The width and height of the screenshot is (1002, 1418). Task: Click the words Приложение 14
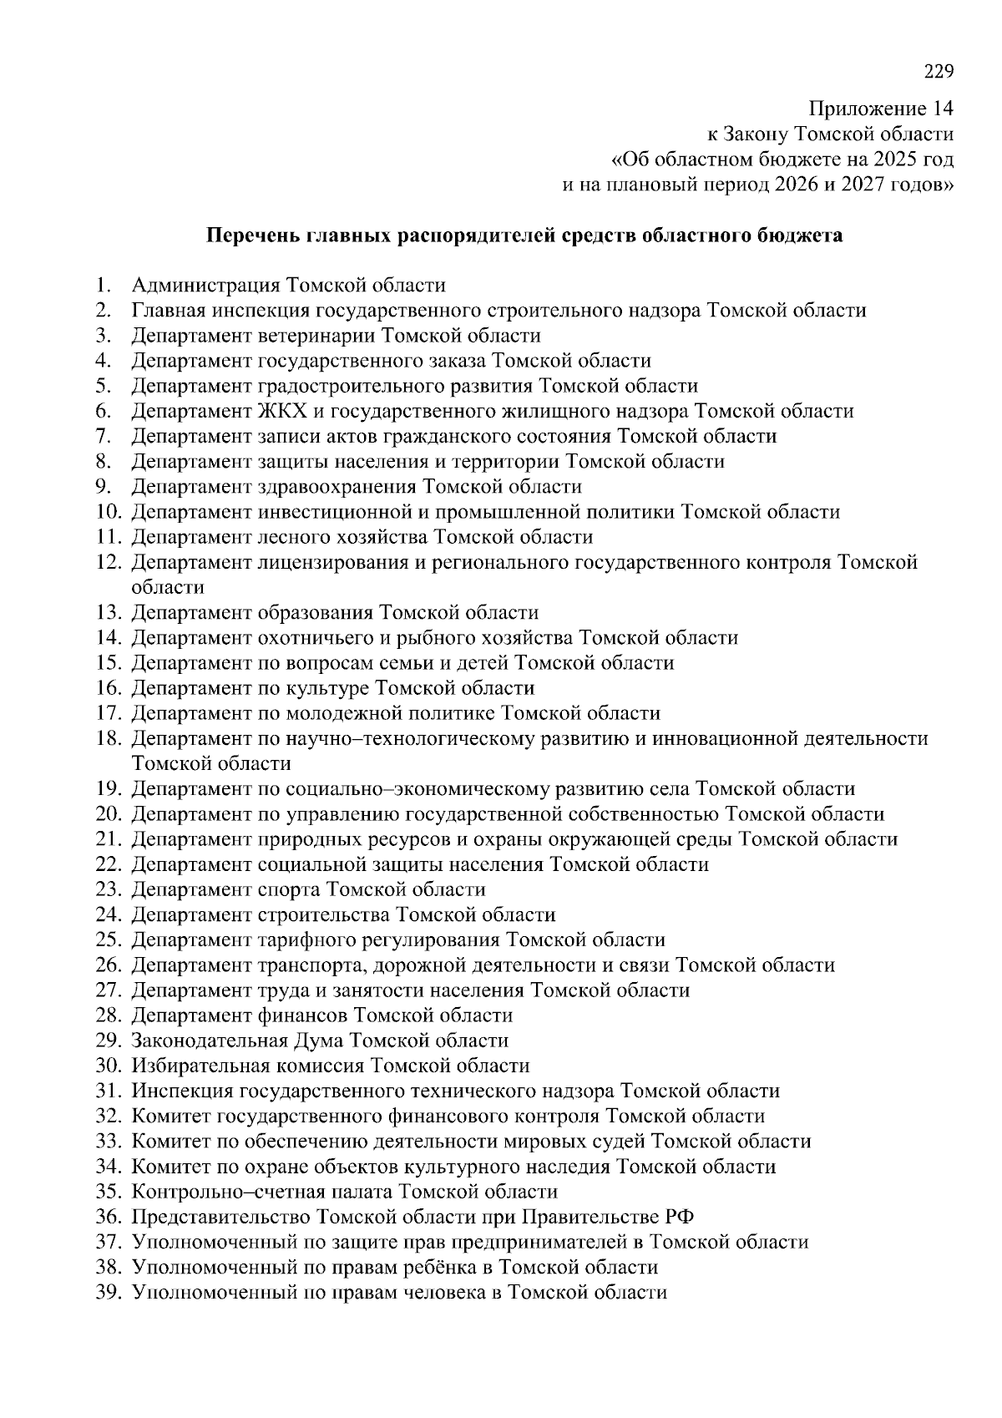(x=880, y=109)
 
